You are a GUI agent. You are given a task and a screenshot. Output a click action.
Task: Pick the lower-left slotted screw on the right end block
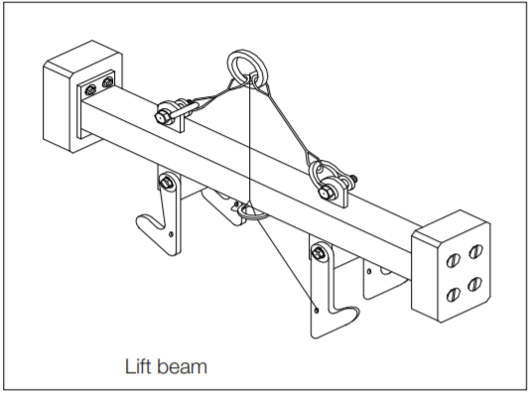[x=453, y=295]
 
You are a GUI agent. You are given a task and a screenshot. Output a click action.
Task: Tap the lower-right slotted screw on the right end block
[x=474, y=284]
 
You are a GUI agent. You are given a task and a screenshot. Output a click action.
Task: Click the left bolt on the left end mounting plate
[x=90, y=90]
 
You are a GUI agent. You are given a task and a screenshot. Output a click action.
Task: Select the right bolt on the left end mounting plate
[x=107, y=82]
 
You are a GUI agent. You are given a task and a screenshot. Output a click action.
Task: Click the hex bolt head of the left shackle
[x=162, y=117]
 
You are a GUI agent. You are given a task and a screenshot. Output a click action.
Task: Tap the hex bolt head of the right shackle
[x=328, y=194]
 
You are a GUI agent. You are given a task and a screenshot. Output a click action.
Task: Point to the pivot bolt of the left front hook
[x=166, y=184]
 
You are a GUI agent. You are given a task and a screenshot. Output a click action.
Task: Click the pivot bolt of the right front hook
[x=318, y=252]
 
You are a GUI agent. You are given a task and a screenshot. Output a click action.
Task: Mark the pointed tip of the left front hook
[x=138, y=220]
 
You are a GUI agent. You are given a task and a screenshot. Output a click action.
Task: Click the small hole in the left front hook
[x=171, y=233]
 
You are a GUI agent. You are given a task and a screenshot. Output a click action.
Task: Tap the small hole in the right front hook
[x=317, y=310]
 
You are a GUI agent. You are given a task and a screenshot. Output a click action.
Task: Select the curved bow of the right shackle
[x=319, y=167]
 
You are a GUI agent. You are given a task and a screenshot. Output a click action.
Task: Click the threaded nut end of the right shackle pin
[x=353, y=179]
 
